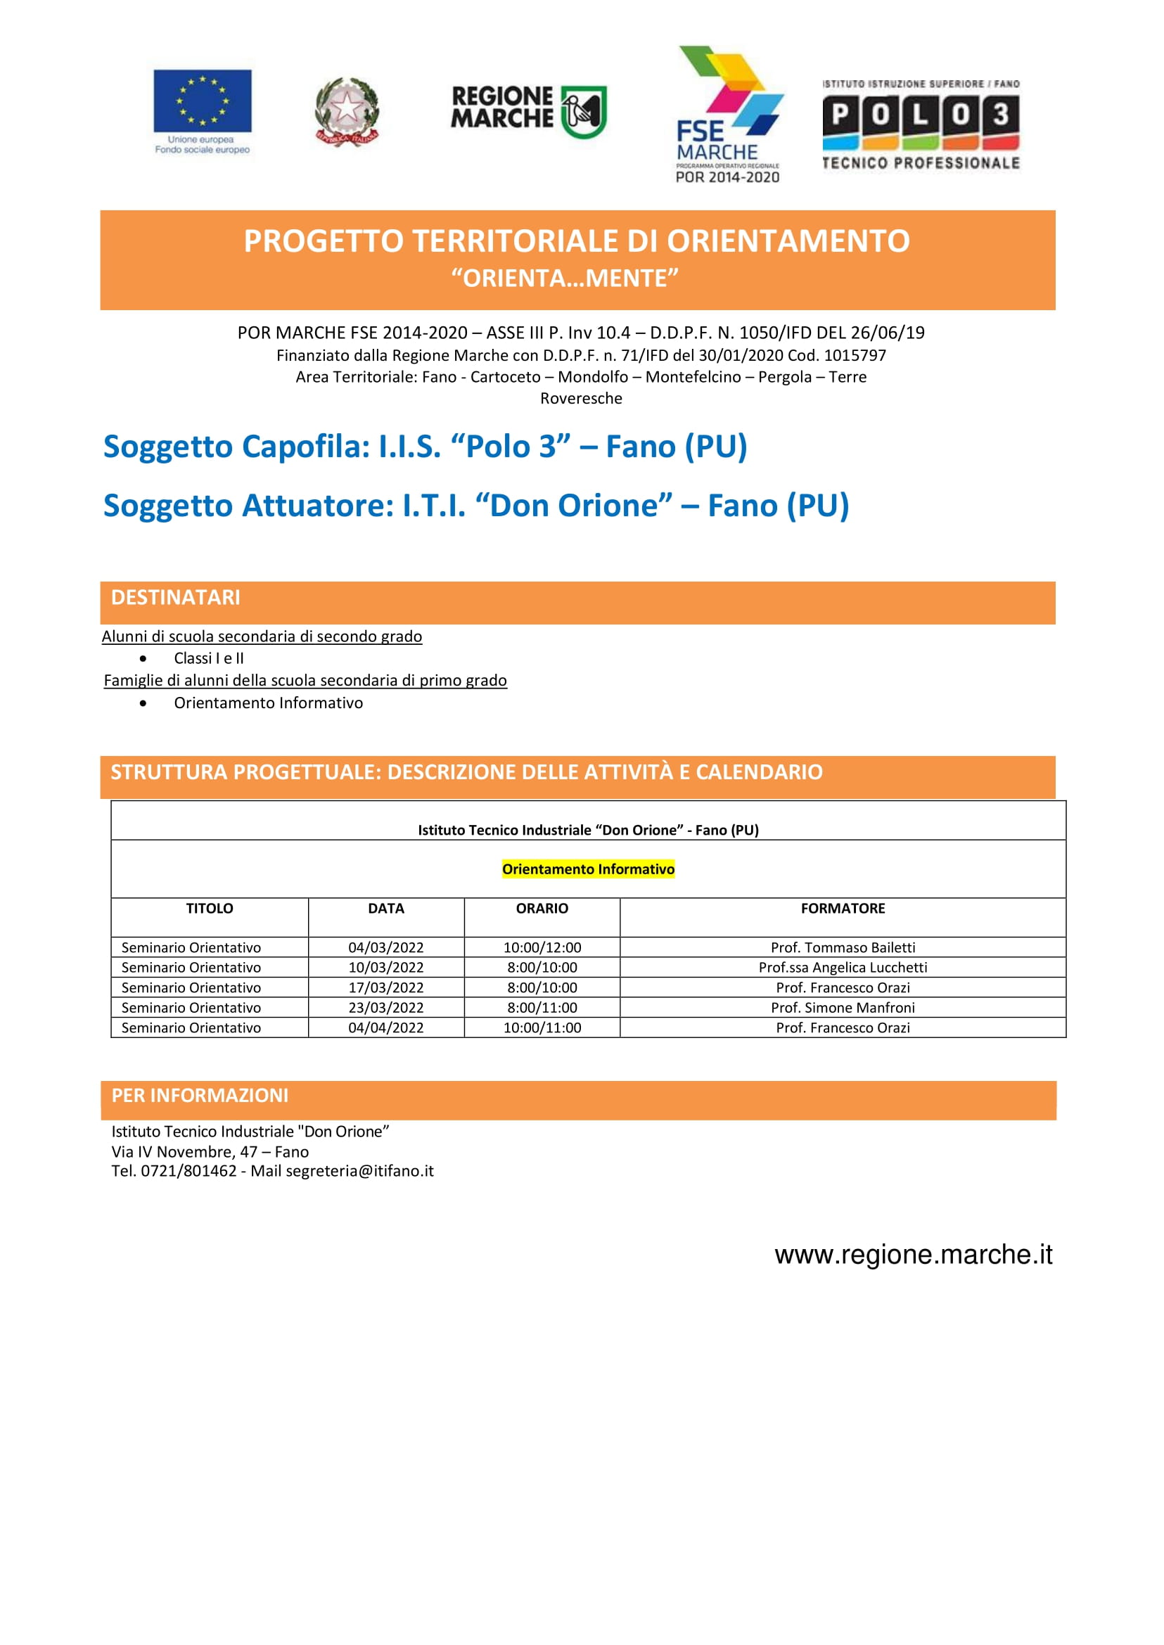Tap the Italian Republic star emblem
(x=347, y=111)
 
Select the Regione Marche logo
(x=528, y=110)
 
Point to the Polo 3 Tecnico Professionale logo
(x=921, y=124)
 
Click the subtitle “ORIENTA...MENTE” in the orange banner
(x=565, y=278)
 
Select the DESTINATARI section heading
(x=176, y=597)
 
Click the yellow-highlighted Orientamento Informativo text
(x=588, y=869)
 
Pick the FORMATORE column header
(x=842, y=908)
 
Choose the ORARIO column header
(x=542, y=908)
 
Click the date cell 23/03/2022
(x=385, y=1007)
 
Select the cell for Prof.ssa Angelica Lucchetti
(x=842, y=967)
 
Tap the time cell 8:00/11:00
(x=542, y=1007)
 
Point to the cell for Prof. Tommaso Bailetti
(x=842, y=947)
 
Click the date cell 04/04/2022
(x=385, y=1027)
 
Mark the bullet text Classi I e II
(x=209, y=658)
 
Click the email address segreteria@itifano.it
(x=359, y=1170)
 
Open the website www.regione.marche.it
(x=913, y=1255)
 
